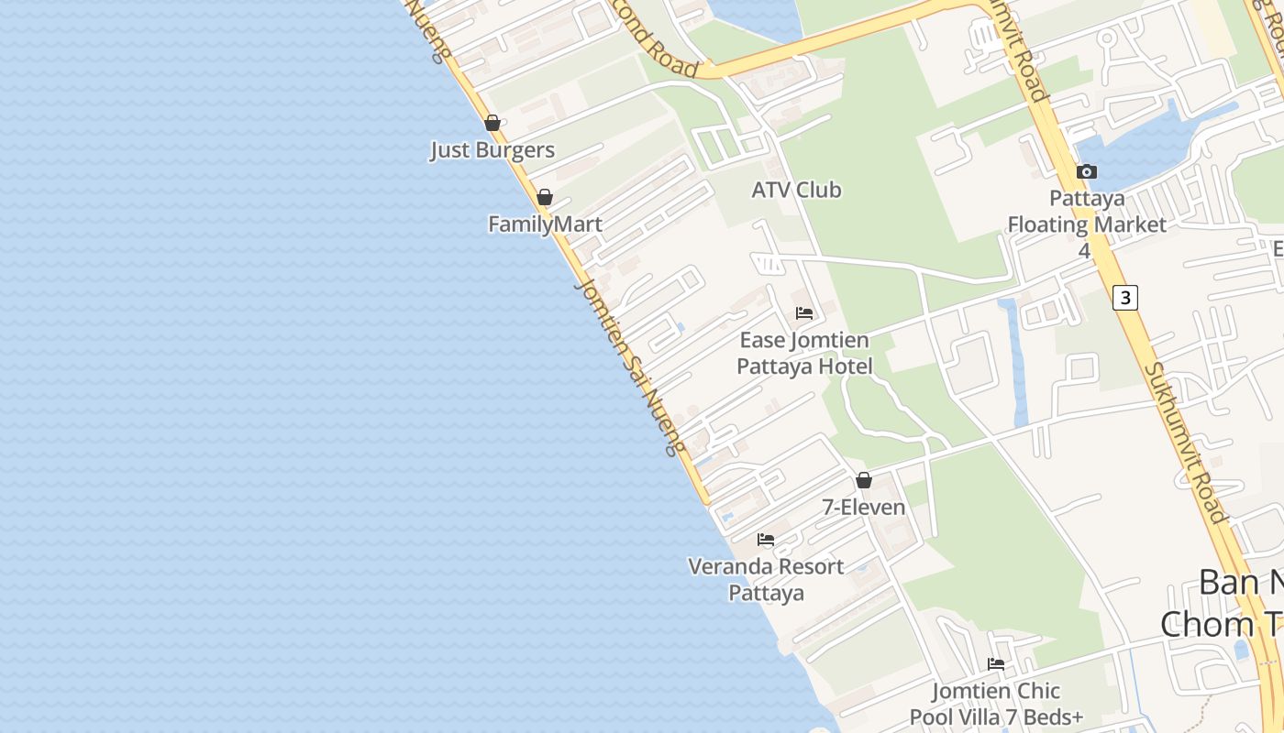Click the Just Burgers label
493,150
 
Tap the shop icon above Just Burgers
493,123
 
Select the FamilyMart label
545,224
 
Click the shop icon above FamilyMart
545,197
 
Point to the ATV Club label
796,191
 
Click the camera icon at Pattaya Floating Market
1087,171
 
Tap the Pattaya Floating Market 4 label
1087,224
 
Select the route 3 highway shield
1125,297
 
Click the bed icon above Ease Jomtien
804,313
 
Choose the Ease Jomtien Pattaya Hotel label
804,354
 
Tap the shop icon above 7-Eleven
863,480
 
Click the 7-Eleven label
863,507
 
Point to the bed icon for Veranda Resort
766,540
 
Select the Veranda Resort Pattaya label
766,579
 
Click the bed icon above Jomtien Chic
996,664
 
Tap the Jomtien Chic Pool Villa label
996,704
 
